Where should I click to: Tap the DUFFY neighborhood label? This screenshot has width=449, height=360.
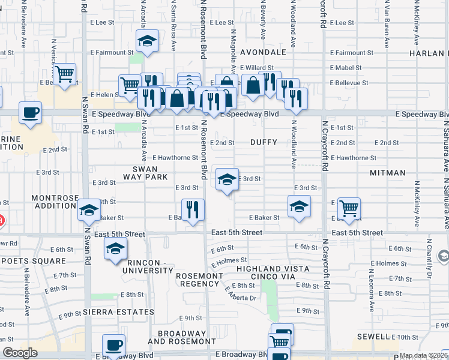click(265, 143)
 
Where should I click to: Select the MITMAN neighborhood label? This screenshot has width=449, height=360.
click(388, 173)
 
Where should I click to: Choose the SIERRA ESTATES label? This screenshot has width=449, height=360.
click(119, 312)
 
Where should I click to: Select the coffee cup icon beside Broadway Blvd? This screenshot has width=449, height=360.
click(113, 345)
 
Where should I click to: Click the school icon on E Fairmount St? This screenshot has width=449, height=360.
click(147, 41)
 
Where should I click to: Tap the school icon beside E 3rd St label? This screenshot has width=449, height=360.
click(226, 179)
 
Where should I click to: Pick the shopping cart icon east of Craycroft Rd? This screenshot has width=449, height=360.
click(349, 209)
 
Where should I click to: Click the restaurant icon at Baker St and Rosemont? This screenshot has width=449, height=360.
click(193, 210)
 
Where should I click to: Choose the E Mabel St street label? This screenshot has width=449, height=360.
click(342, 68)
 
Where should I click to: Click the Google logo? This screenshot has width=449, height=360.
click(20, 353)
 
